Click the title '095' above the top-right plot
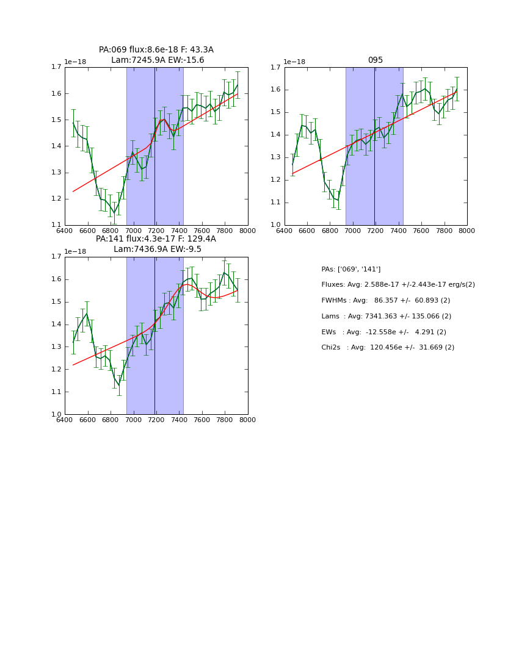click(x=375, y=60)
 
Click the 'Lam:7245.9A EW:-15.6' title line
click(x=158, y=60)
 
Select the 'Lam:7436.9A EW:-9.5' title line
click(x=158, y=249)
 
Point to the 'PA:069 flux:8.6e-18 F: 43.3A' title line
click(x=156, y=50)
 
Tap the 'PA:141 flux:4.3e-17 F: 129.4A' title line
click(x=156, y=239)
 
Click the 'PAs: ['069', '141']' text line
click(x=351, y=269)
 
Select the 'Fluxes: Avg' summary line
click(x=398, y=285)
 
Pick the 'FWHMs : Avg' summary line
click(x=386, y=301)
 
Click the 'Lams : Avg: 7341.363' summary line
click(x=387, y=317)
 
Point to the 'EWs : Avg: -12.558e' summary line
click(x=384, y=332)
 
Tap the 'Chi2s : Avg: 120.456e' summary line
click(x=388, y=348)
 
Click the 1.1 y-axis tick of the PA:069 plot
click(x=56, y=225)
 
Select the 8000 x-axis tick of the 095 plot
click(x=466, y=231)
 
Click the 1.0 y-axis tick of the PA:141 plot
click(x=56, y=415)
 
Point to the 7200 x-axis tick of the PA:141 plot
click(x=156, y=420)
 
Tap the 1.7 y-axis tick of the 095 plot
click(x=275, y=67)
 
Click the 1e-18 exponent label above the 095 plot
click(x=294, y=62)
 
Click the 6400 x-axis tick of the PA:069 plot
click(x=65, y=231)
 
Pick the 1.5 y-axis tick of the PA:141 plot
click(x=56, y=302)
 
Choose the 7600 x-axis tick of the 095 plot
click(x=421, y=231)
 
